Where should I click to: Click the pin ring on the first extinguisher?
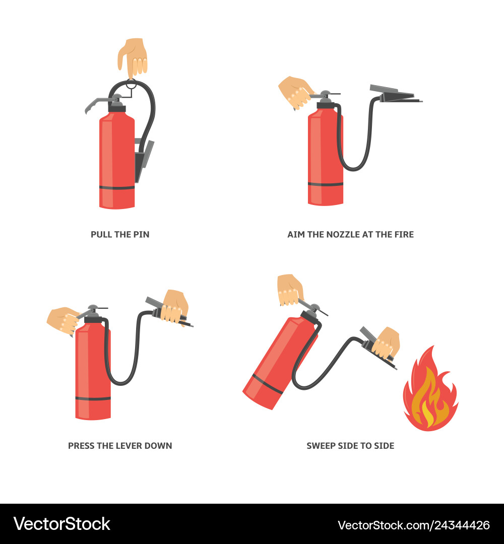click(131, 84)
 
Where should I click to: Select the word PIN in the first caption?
click(141, 235)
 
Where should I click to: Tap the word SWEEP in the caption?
click(318, 446)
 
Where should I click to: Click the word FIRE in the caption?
click(404, 235)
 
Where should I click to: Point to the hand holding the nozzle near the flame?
click(386, 343)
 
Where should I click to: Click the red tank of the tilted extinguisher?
click(279, 363)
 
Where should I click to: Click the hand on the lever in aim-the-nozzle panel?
click(295, 93)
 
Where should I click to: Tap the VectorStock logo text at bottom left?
click(62, 524)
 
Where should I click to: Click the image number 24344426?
click(462, 525)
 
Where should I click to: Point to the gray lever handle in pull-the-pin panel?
click(99, 104)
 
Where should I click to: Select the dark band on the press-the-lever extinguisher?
click(93, 398)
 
